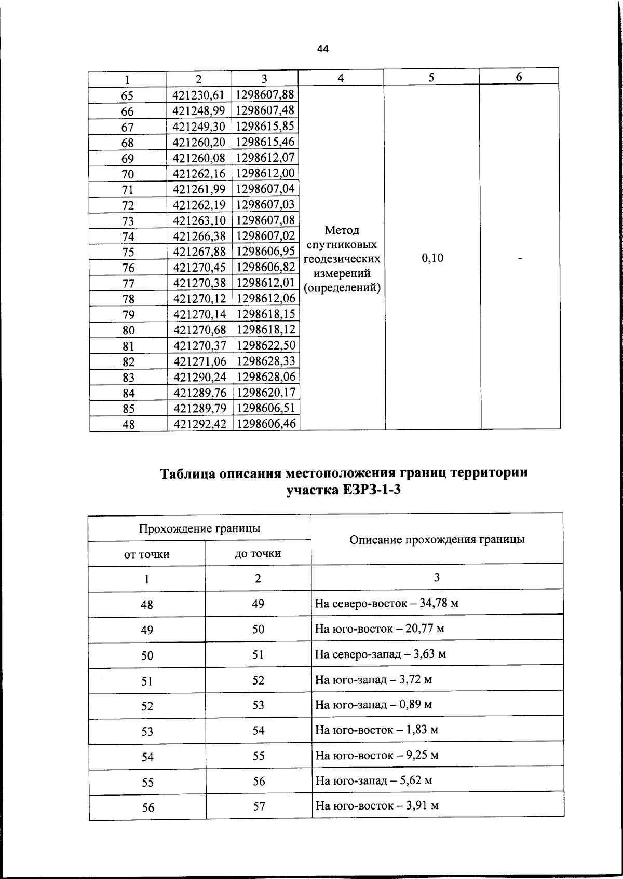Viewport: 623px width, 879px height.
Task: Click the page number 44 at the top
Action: pos(322,49)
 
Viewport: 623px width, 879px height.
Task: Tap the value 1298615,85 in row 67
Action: pos(265,127)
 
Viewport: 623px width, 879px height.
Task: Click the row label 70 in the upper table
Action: pos(128,174)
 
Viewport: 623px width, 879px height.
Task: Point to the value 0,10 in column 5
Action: pos(432,258)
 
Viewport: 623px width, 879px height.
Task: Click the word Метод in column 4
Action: pos(342,230)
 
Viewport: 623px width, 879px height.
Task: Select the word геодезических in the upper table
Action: pos(342,259)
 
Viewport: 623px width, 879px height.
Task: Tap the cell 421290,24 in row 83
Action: pos(200,377)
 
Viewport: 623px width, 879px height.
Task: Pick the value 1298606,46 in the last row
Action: pos(266,424)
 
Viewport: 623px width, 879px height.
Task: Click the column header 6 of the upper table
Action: pos(519,77)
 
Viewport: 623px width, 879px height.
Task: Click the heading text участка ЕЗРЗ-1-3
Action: pos(344,490)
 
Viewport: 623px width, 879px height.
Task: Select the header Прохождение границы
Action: pos(199,528)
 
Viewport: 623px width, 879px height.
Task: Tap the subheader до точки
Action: pos(258,553)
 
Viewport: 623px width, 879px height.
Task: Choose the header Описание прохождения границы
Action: pos(437,539)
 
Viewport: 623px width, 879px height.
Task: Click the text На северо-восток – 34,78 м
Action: pos(386,603)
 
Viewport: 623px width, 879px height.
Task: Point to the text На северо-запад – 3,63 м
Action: pos(381,653)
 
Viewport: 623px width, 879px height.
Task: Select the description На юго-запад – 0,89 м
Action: pos(373,704)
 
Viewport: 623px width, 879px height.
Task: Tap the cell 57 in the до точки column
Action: pos(259,806)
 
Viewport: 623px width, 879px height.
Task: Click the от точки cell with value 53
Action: pos(147,731)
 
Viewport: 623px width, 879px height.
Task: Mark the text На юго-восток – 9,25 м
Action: pos(376,755)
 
